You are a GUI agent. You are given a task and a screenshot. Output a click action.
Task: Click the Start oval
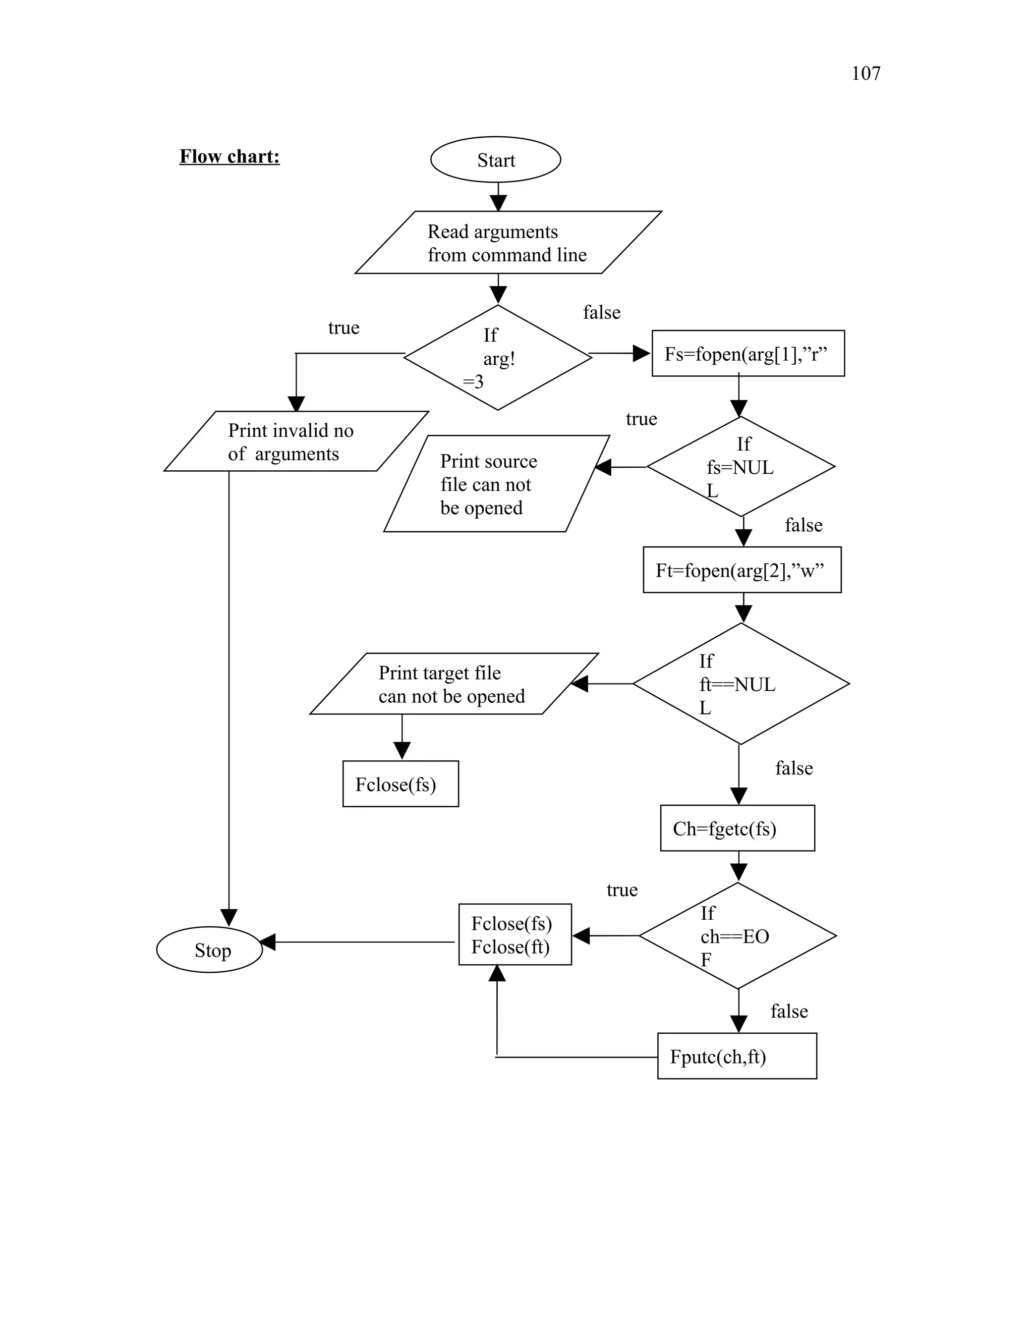click(x=495, y=160)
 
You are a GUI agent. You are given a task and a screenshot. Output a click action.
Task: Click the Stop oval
click(x=210, y=950)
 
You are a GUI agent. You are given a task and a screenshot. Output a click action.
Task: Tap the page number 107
click(x=866, y=74)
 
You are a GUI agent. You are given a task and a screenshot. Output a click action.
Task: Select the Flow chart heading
click(x=229, y=157)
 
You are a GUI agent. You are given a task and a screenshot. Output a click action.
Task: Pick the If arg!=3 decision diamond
click(x=497, y=358)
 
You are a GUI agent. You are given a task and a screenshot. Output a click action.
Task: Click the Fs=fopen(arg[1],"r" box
click(x=748, y=354)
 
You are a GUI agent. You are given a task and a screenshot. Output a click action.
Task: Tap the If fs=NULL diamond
click(x=740, y=467)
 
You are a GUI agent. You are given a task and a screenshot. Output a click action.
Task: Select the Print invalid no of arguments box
click(x=296, y=441)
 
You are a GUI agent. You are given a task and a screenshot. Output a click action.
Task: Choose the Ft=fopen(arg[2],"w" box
click(x=741, y=570)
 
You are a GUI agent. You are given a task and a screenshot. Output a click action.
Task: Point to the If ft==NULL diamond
click(x=740, y=684)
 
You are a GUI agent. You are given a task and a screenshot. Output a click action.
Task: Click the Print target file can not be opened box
click(x=453, y=684)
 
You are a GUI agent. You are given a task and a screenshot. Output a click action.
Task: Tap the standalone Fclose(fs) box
click(x=400, y=784)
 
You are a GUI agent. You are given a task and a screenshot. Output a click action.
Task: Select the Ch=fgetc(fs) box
click(x=737, y=828)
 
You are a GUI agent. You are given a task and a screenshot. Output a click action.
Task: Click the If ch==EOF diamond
click(x=737, y=935)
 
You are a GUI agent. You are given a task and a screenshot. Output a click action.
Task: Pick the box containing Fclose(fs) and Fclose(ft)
click(x=514, y=935)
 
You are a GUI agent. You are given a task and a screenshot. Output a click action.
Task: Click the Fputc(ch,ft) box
click(x=736, y=1056)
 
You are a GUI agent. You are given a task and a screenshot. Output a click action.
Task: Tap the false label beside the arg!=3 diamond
click(x=602, y=313)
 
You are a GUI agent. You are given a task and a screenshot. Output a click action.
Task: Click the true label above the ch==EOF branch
click(x=622, y=890)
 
